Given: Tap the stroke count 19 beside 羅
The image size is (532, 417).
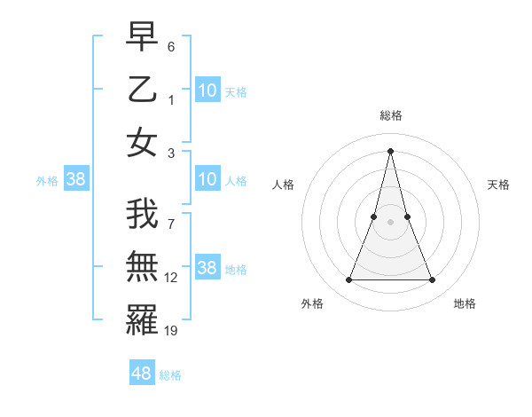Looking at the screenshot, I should [x=171, y=330].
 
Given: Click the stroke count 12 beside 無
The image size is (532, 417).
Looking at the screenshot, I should [x=171, y=278].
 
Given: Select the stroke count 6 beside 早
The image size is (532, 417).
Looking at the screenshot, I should [x=171, y=46].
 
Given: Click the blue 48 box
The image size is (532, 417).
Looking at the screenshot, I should [x=141, y=374].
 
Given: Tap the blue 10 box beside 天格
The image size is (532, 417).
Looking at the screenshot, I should [x=207, y=90].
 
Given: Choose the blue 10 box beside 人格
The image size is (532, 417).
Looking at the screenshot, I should [x=207, y=180].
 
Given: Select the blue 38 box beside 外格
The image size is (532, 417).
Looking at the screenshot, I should [x=75, y=180].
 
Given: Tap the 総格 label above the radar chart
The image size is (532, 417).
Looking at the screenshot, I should [x=390, y=115].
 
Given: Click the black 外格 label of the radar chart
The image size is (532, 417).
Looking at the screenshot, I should [x=312, y=303].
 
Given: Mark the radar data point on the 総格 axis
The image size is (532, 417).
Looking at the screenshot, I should [x=390, y=150].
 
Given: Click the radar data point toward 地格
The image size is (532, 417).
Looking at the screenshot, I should [x=433, y=280].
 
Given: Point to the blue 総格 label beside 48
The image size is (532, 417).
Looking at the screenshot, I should [x=170, y=375].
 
